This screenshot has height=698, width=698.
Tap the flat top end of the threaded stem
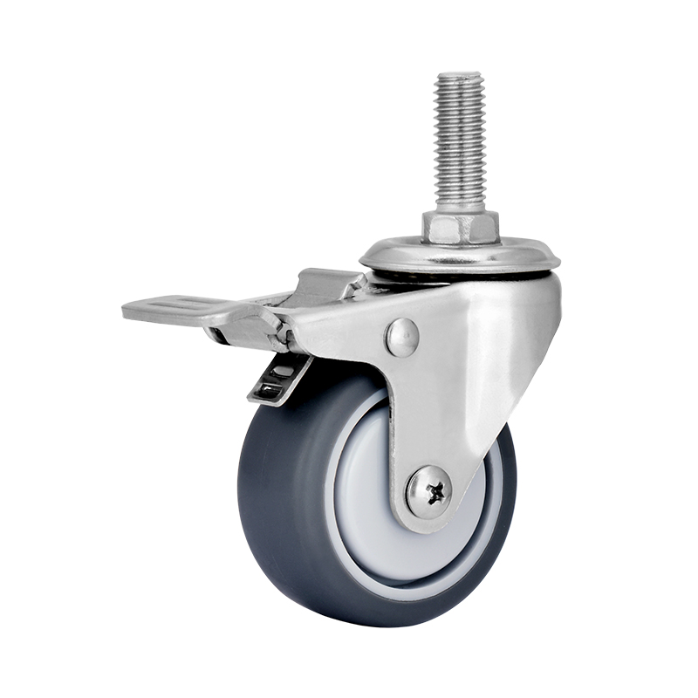pyautogui.click(x=460, y=75)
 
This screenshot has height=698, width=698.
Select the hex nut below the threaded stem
pyautogui.click(x=460, y=227)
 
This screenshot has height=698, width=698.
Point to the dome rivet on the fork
pyautogui.click(x=402, y=337)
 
